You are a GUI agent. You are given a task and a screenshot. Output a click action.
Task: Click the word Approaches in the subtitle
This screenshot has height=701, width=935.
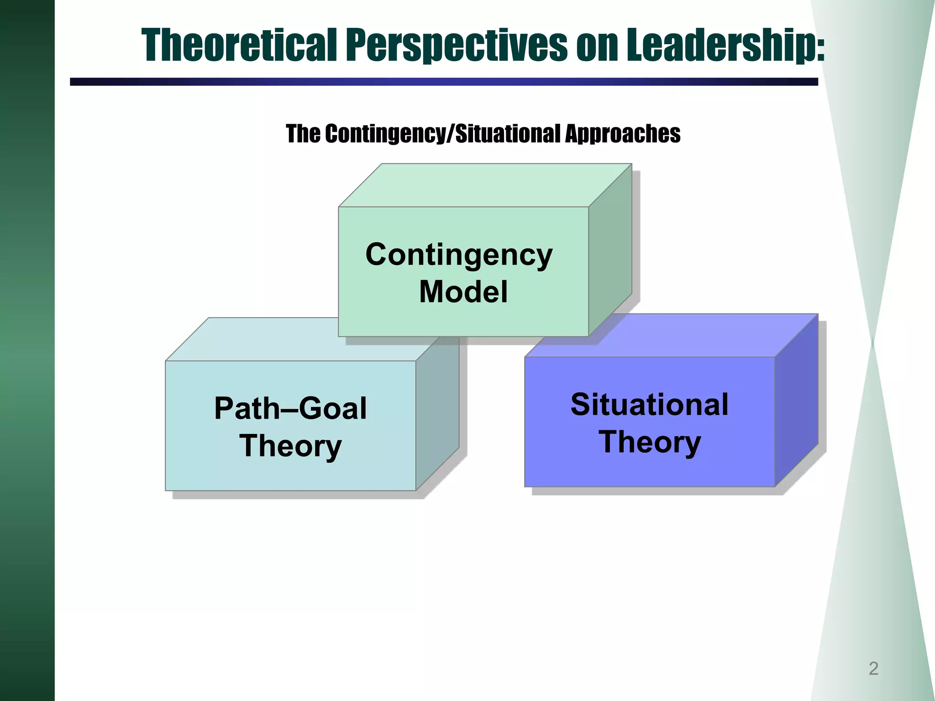pyautogui.click(x=623, y=134)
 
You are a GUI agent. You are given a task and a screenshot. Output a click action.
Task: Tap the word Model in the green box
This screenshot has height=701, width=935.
pyautogui.click(x=463, y=292)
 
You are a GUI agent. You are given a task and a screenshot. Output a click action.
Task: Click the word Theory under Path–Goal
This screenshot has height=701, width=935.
pyautogui.click(x=290, y=445)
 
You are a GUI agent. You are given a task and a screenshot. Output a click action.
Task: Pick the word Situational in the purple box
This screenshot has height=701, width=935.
pyautogui.click(x=649, y=404)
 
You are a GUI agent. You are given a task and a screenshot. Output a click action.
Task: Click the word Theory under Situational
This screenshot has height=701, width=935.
pyautogui.click(x=649, y=442)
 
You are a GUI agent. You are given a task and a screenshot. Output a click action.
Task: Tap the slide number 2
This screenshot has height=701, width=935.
pyautogui.click(x=873, y=668)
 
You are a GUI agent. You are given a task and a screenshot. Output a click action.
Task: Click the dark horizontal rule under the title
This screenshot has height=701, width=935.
pyautogui.click(x=443, y=82)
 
